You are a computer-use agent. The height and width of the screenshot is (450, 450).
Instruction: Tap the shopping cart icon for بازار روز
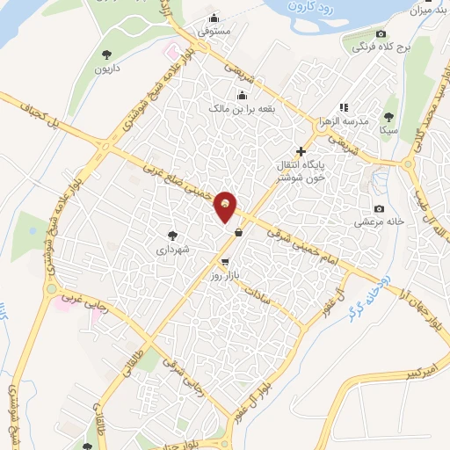(226, 261)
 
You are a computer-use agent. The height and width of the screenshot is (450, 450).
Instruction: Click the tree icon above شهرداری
(172, 235)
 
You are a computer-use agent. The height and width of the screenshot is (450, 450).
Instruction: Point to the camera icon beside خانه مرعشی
(379, 208)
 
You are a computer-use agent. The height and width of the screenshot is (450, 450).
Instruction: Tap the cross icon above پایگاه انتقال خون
(302, 151)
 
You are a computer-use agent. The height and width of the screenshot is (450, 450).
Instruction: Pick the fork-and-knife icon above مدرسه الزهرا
(344, 106)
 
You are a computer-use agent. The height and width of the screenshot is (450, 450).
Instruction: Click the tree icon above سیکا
(388, 116)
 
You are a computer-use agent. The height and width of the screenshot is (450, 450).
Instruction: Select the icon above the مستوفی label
(214, 18)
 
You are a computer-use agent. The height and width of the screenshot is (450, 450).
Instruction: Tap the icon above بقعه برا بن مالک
(242, 95)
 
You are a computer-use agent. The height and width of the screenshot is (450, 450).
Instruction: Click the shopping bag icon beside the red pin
(239, 233)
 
